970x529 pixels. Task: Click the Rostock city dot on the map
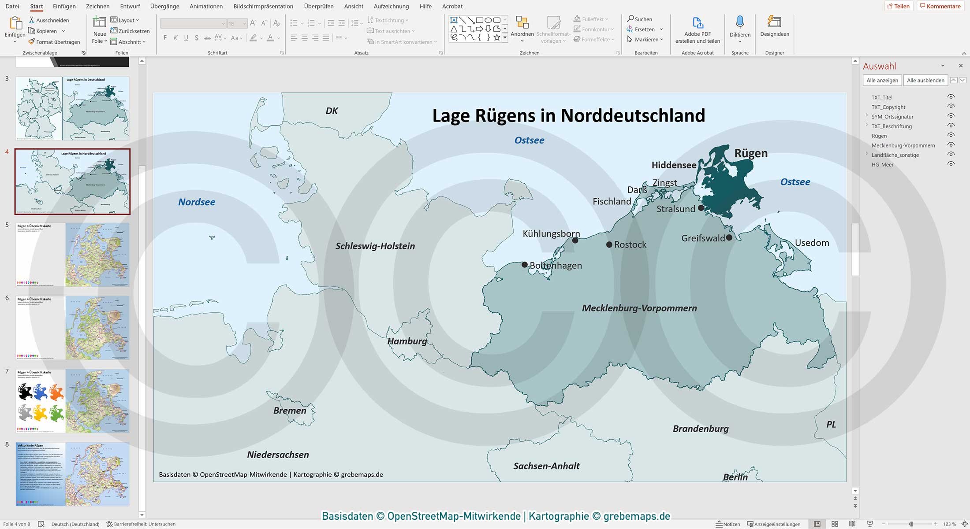click(x=609, y=244)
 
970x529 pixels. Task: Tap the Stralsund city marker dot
click(x=701, y=208)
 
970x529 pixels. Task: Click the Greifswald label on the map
click(x=703, y=238)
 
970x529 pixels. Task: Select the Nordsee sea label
click(x=197, y=202)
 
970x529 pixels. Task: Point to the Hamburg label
click(x=407, y=341)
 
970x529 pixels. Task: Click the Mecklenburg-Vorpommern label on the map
click(x=639, y=308)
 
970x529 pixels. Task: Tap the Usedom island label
click(x=812, y=243)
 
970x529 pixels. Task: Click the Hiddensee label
click(x=674, y=165)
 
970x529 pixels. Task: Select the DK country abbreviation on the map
click(x=332, y=111)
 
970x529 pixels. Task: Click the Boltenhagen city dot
click(x=524, y=265)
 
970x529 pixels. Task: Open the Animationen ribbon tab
click(x=206, y=6)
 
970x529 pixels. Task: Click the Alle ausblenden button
click(x=925, y=80)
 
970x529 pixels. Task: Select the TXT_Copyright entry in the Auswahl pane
click(x=888, y=107)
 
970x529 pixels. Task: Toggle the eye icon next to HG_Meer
click(x=951, y=164)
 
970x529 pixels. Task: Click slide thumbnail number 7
click(x=73, y=401)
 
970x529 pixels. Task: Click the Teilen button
click(x=899, y=6)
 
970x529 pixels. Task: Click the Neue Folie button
click(x=100, y=29)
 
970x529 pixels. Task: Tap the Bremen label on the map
click(x=290, y=411)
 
